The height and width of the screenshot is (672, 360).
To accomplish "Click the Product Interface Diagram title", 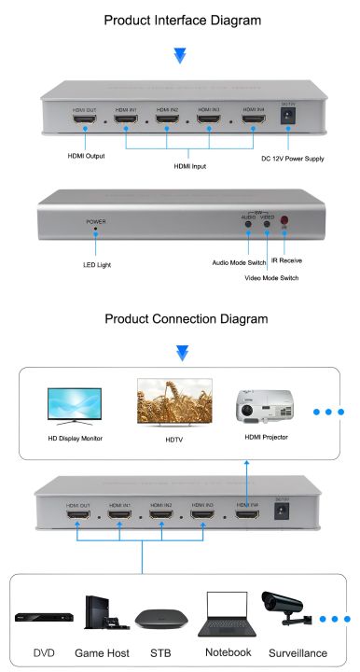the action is pyautogui.click(x=180, y=19).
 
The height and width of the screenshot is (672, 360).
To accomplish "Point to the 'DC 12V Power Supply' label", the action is pyautogui.click(x=293, y=158).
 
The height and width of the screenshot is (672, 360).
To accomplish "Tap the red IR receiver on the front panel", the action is pyautogui.click(x=284, y=222).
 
